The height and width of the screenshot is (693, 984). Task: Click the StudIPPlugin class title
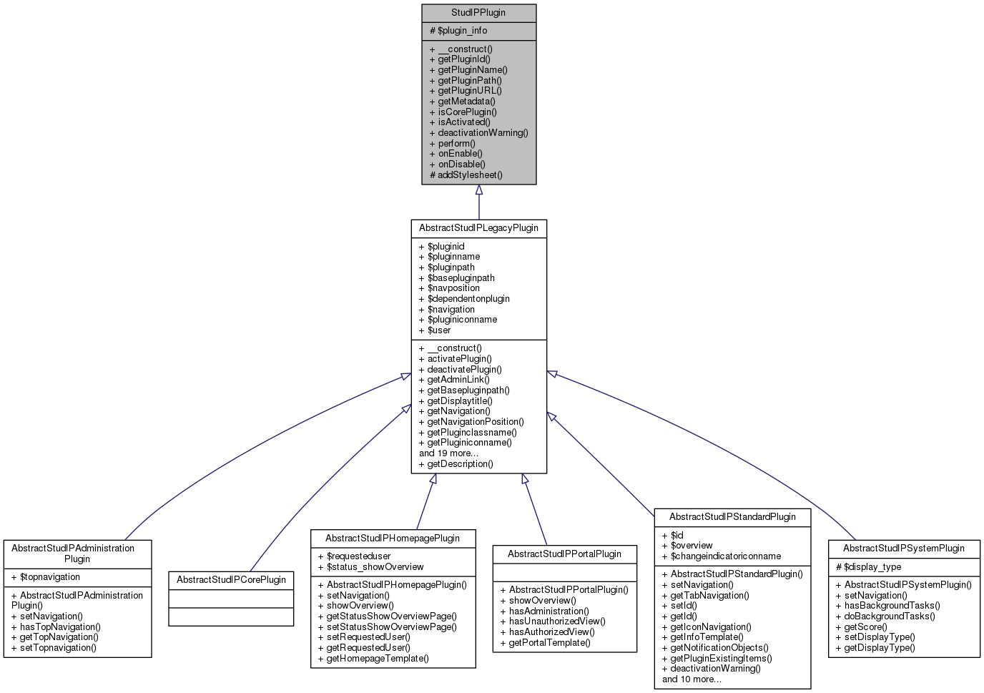[478, 13]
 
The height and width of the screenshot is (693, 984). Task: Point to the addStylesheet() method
[466, 175]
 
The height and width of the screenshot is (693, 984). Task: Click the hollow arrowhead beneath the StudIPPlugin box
[479, 190]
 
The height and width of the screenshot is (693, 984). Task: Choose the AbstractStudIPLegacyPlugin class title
[478, 228]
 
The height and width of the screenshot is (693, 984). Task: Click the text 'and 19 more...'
[448, 453]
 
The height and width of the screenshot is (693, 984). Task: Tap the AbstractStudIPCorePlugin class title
[231, 580]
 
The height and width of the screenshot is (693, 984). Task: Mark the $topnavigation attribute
[46, 577]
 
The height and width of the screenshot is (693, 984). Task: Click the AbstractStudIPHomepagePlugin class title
[393, 539]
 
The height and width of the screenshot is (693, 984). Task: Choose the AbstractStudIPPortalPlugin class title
[564, 554]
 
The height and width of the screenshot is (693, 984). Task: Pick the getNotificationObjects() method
[715, 648]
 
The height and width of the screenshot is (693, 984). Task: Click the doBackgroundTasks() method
[885, 616]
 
